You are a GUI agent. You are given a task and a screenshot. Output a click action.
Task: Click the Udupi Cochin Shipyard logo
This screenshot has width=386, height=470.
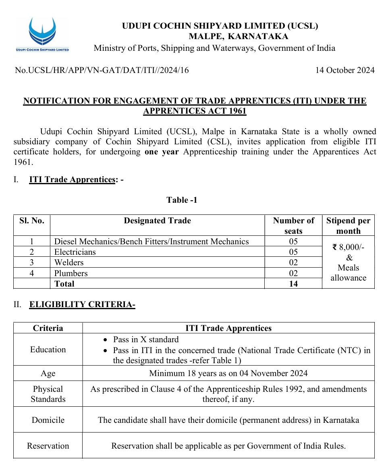click(x=42, y=34)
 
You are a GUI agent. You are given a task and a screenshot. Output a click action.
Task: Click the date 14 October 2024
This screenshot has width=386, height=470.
click(x=344, y=71)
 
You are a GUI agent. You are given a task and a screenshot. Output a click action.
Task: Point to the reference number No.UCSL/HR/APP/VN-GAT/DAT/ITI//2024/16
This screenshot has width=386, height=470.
click(x=102, y=71)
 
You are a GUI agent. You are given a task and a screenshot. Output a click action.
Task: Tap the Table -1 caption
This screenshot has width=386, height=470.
click(x=182, y=200)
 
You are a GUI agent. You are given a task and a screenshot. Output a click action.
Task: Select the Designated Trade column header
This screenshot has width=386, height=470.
click(x=157, y=221)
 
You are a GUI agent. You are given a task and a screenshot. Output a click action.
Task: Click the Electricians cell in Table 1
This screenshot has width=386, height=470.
click(x=75, y=252)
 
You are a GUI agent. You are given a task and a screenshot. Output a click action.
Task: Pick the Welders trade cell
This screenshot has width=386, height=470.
click(x=69, y=263)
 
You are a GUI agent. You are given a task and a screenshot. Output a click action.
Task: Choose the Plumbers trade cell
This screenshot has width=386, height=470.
click(x=71, y=273)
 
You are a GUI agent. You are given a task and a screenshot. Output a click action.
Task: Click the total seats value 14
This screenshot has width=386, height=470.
click(x=293, y=284)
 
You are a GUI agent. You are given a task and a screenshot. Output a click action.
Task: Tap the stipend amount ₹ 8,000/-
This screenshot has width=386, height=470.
click(x=349, y=247)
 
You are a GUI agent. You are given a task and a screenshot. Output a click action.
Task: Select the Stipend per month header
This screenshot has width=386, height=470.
click(x=348, y=226)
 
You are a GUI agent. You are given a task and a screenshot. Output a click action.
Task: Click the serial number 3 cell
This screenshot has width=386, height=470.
click(x=32, y=263)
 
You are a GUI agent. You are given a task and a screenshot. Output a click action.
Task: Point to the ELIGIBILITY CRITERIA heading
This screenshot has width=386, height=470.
click(x=82, y=305)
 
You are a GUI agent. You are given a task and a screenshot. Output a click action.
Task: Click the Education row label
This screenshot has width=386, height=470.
click(x=48, y=349)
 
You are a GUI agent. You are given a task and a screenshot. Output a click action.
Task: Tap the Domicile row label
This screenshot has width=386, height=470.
click(x=48, y=420)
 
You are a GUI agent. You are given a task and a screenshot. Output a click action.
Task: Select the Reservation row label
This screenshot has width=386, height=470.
click(x=48, y=446)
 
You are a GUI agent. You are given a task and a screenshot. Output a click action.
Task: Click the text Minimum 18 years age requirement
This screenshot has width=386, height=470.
click(x=228, y=373)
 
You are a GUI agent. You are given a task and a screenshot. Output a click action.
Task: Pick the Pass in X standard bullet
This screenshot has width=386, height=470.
click(x=145, y=340)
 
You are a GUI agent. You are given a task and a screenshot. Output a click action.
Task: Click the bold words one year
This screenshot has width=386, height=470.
click(x=162, y=152)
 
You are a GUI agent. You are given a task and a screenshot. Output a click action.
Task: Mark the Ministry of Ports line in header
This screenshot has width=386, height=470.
click(x=214, y=48)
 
